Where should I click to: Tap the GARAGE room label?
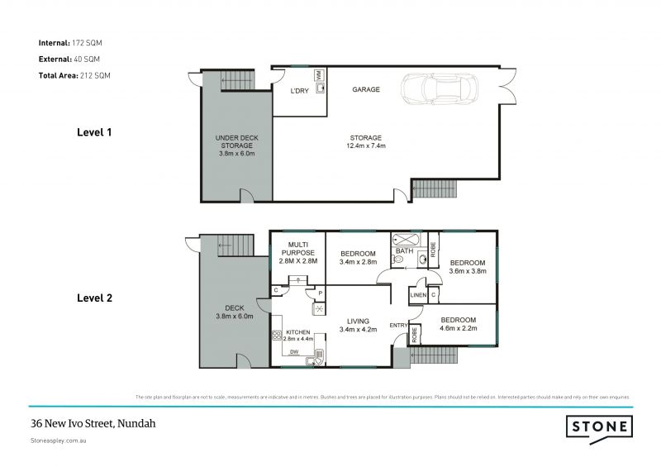point(366,89)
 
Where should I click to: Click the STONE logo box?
point(599,427)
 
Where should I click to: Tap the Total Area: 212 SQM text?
point(74,75)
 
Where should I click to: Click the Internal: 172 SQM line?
point(70,42)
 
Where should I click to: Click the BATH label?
point(404,250)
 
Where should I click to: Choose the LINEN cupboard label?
point(417,294)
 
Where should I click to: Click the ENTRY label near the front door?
point(398,325)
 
